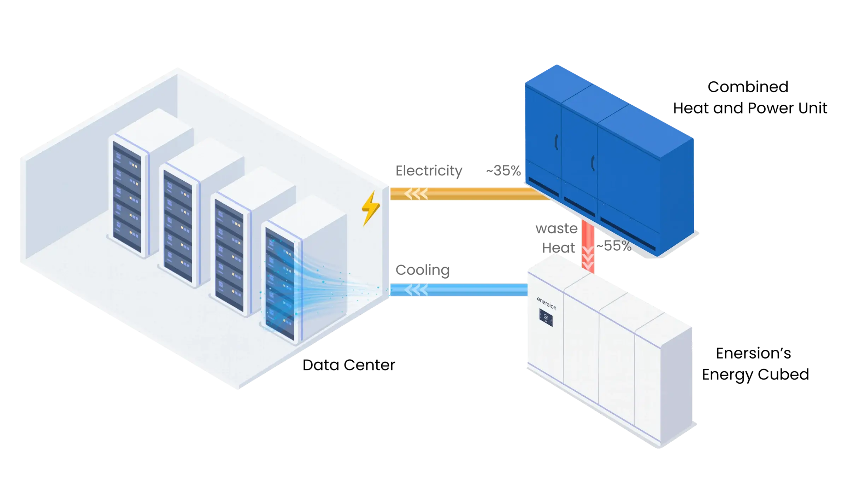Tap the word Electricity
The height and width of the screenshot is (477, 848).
pyautogui.click(x=429, y=171)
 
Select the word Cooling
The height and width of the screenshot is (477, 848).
pyautogui.click(x=422, y=270)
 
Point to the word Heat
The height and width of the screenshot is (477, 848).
pyautogui.click(x=559, y=248)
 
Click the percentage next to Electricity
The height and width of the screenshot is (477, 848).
pyautogui.click(x=504, y=171)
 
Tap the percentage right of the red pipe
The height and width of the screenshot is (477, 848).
pyautogui.click(x=615, y=245)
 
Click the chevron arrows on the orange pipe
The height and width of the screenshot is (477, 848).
pyautogui.click(x=416, y=194)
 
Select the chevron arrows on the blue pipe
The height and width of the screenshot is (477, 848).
pyautogui.click(x=416, y=290)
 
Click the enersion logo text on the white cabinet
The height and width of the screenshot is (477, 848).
pyautogui.click(x=547, y=304)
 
